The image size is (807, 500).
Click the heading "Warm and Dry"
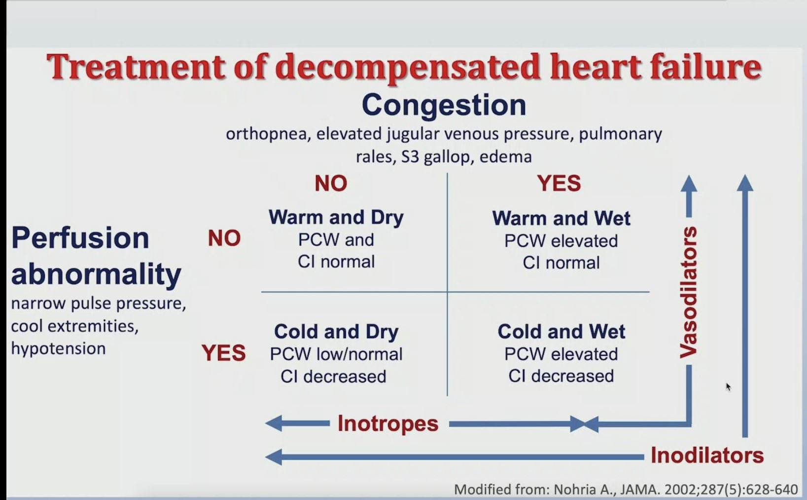pyautogui.click(x=336, y=217)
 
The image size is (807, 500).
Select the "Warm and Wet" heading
pyautogui.click(x=561, y=218)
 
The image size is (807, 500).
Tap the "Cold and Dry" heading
pyautogui.click(x=336, y=332)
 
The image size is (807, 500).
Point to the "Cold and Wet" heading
pyautogui.click(x=561, y=332)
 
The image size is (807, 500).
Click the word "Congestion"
pyautogui.click(x=444, y=105)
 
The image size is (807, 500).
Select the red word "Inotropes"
pyautogui.click(x=388, y=423)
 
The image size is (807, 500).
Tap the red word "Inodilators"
pyautogui.click(x=707, y=455)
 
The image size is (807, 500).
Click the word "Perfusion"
pyautogui.click(x=80, y=238)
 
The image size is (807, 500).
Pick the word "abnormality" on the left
pyautogui.click(x=96, y=274)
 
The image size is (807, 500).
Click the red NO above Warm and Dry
pyautogui.click(x=331, y=184)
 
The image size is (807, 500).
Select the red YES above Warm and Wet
pyautogui.click(x=559, y=184)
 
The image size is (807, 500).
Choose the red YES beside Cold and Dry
pyautogui.click(x=223, y=353)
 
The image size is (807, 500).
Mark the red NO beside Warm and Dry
pyautogui.click(x=224, y=238)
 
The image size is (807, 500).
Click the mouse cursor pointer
pyautogui.click(x=728, y=387)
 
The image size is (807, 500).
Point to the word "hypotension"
pyautogui.click(x=58, y=348)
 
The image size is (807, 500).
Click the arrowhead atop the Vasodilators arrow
pyautogui.click(x=689, y=184)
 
